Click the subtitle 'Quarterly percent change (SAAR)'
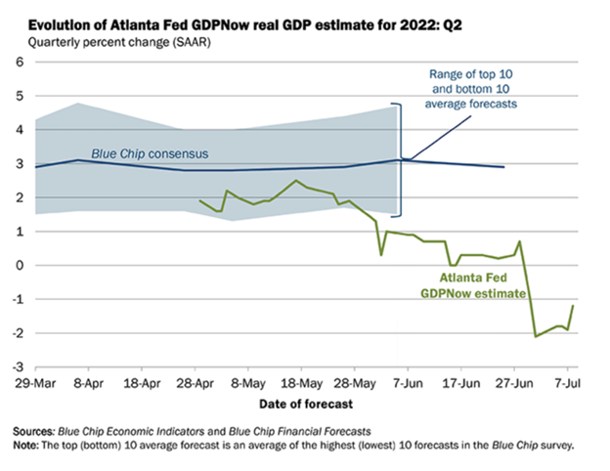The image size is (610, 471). click(x=117, y=42)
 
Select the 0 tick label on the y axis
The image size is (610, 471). click(x=20, y=265)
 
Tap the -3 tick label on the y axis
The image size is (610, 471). click(x=17, y=366)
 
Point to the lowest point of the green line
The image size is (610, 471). click(x=536, y=336)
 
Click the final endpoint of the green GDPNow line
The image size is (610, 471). click(x=573, y=306)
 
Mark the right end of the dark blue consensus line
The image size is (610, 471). click(x=504, y=167)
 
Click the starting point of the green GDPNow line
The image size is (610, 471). click(x=199, y=200)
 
